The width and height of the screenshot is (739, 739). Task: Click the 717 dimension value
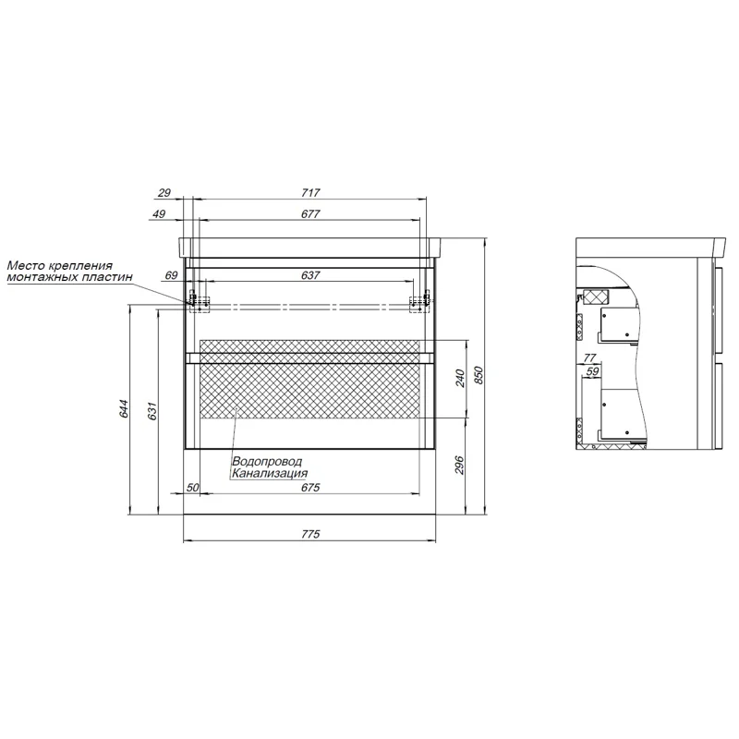tap(310, 193)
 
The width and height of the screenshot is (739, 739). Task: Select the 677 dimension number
tap(310, 214)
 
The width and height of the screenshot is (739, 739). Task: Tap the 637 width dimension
tap(310, 275)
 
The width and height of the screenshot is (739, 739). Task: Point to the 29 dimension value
tap(164, 193)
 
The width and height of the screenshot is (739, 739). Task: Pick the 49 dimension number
tap(159, 214)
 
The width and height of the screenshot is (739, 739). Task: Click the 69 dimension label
tap(171, 275)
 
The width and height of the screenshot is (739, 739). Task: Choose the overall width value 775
tap(310, 534)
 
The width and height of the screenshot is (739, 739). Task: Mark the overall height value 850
tap(479, 375)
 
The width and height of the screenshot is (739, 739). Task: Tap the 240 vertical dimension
tap(460, 379)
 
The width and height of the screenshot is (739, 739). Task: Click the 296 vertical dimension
tap(460, 466)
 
